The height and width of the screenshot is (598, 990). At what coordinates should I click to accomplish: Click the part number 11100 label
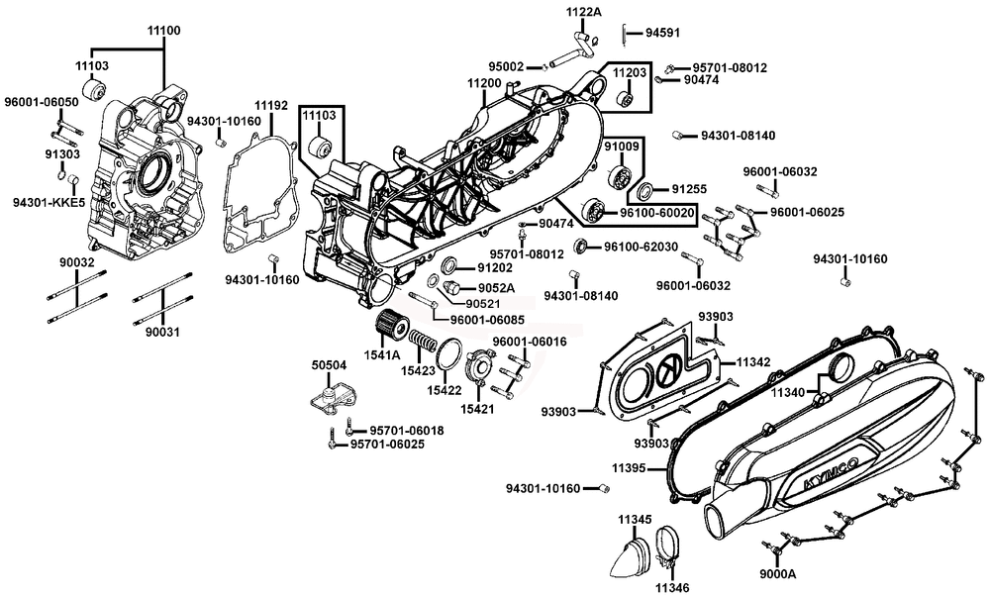[x=163, y=32]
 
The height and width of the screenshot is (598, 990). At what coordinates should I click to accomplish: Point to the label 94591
[x=662, y=33]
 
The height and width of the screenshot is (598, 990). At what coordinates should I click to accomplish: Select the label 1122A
[x=583, y=12]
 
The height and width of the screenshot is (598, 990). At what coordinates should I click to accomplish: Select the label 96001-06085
[x=487, y=320]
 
